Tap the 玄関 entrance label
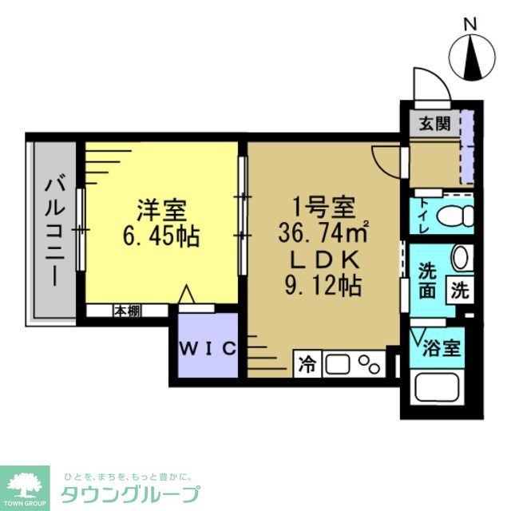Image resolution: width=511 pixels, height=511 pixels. point(435,124)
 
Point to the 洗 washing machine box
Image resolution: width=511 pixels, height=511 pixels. point(461,290)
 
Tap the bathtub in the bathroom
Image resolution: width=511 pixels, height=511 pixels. point(442,389)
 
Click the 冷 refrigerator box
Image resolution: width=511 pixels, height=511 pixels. point(307,365)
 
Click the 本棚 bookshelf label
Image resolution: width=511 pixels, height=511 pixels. point(126,311)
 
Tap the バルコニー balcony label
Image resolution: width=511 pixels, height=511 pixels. point(53,232)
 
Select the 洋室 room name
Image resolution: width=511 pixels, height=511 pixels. point(161,212)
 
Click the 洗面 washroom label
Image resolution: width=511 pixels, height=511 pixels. point(428,279)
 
